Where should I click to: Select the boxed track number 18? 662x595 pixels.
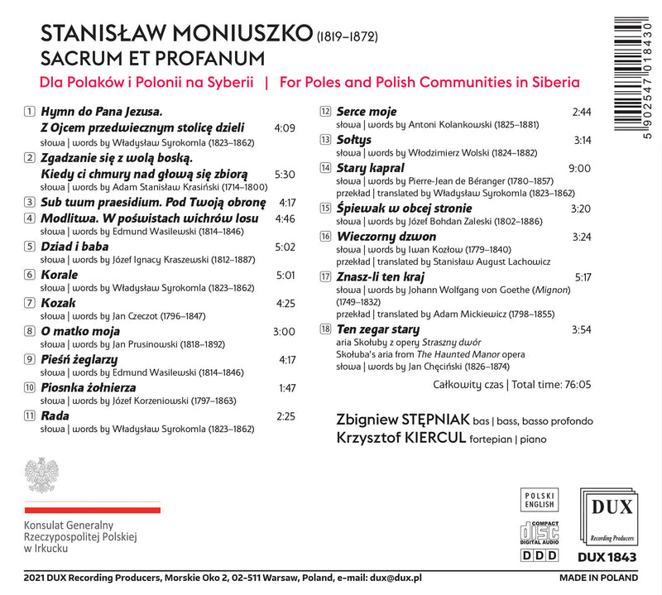tap(325, 330)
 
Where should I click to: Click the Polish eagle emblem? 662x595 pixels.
tap(41, 476)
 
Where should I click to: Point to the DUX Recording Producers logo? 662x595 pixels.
tap(608, 515)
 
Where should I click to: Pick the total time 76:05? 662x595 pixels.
tap(573, 384)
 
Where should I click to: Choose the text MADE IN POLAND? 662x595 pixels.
tap(598, 578)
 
